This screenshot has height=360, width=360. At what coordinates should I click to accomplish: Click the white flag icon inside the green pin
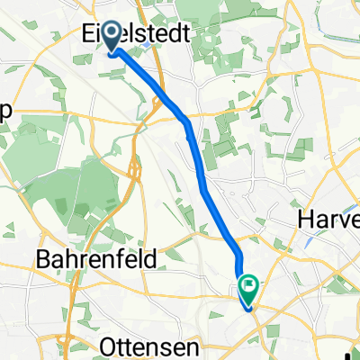pos(248,286)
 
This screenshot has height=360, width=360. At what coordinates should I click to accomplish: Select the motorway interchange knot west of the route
pos(134,167)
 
